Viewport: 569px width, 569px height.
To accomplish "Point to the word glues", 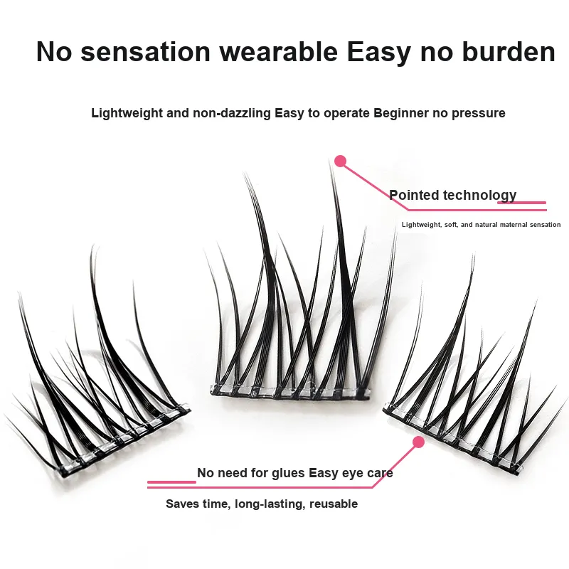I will click(288, 473).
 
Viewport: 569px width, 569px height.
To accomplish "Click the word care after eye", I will click(378, 473).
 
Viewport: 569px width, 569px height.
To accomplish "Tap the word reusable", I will click(333, 504).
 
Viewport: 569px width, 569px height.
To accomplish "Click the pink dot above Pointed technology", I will click(340, 161).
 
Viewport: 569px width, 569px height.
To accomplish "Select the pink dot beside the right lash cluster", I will click(418, 442).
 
